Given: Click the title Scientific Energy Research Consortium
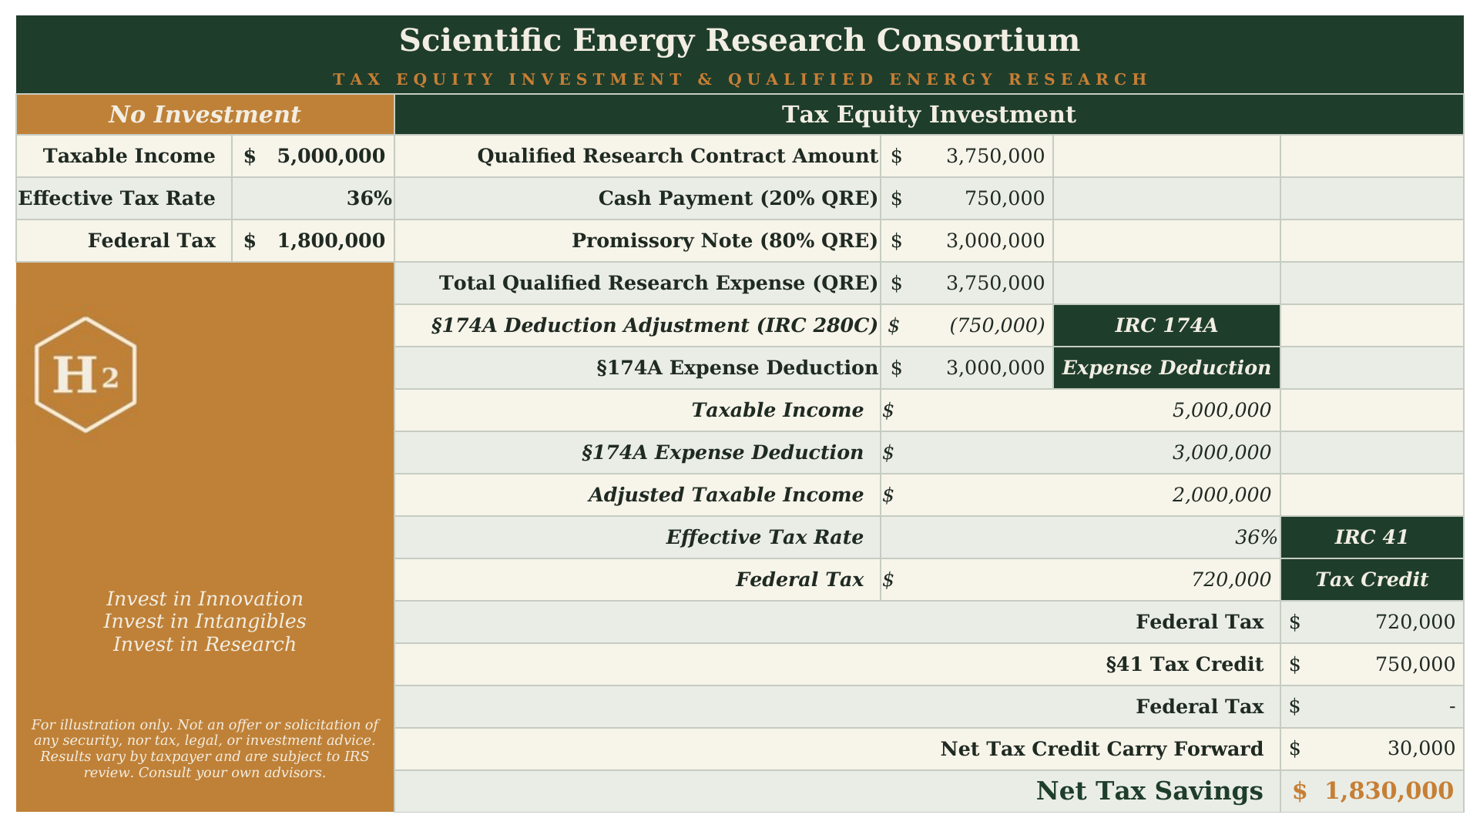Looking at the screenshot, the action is pos(740,41).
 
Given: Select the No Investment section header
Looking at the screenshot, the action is pos(205,115).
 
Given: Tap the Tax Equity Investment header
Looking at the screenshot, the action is pos(928,115).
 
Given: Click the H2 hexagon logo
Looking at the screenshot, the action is pos(86,374).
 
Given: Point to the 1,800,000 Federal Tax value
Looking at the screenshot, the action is pos(331,241).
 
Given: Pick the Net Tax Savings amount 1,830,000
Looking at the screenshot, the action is pos(1388,791).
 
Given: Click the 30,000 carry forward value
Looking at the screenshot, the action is pos(1421,749).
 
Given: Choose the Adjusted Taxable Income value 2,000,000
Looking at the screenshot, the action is pos(1221,494).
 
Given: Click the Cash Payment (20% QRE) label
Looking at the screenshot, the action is pos(738,199).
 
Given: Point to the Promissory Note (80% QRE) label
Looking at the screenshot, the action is pos(724,241).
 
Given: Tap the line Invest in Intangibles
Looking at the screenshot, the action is pos(205,622).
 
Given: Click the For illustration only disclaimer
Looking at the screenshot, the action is pos(205,749).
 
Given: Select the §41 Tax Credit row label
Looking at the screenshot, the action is pos(1184,664).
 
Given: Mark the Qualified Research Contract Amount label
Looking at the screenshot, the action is pos(677,156).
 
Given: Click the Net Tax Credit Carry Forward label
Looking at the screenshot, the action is pos(1102,749).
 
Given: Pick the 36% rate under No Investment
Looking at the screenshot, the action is pos(369,199).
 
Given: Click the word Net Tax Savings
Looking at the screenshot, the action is pos(1149,791).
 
